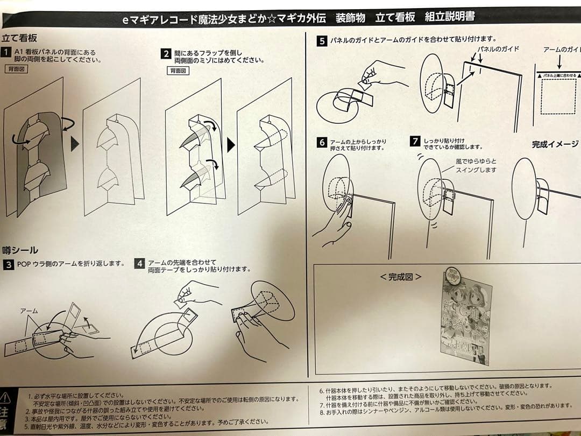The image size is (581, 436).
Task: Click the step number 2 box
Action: tap(166, 54)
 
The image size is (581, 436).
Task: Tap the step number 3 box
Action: tap(9, 264)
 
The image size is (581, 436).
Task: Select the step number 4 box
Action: tap(139, 264)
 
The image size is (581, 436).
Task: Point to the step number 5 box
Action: tap(322, 40)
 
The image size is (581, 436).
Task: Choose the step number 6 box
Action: tap(322, 143)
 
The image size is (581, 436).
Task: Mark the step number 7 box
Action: tap(414, 142)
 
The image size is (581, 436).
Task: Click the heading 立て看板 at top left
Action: tap(20, 38)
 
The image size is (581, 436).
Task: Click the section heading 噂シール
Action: tap(20, 250)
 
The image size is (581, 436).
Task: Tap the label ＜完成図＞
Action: tap(400, 277)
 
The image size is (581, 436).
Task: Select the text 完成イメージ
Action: tap(555, 144)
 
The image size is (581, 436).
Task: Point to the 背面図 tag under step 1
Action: tap(17, 69)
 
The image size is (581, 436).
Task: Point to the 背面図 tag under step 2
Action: tap(178, 71)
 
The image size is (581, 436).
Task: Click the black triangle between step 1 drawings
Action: tap(75, 144)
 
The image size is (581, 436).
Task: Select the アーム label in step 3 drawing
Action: tap(29, 311)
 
